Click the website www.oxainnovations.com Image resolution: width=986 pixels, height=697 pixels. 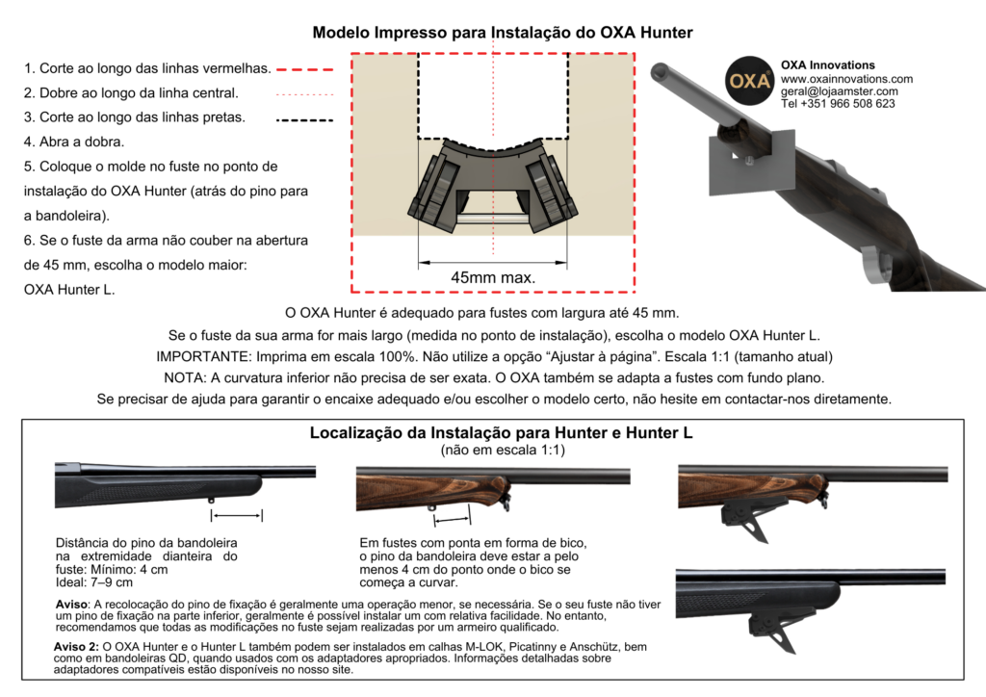pyautogui.click(x=846, y=79)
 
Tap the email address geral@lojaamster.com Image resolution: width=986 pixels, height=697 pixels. pyautogui.click(x=839, y=91)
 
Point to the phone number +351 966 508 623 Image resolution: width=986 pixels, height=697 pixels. pyautogui.click(x=838, y=104)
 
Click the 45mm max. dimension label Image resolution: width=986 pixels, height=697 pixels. pyautogui.click(x=493, y=277)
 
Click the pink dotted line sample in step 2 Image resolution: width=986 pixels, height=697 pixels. pyautogui.click(x=304, y=94)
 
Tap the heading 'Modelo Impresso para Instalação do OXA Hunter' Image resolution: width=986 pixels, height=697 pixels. pyautogui.click(x=503, y=33)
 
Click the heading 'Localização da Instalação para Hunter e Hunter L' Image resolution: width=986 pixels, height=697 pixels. pyautogui.click(x=501, y=433)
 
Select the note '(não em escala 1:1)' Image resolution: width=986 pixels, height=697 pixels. pyautogui.click(x=501, y=450)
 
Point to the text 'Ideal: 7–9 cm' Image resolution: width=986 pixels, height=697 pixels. pyautogui.click(x=94, y=582)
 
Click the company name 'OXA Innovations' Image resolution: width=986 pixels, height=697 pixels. pyautogui.click(x=828, y=65)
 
